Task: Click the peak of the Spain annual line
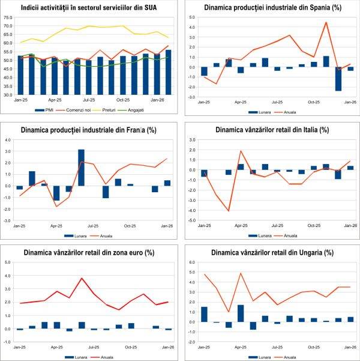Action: (x=326, y=23)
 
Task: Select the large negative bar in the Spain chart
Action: (x=338, y=79)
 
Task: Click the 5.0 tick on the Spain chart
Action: (x=192, y=17)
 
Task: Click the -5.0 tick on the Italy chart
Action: (x=192, y=220)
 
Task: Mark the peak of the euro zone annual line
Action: (x=82, y=278)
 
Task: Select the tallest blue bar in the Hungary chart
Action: (x=241, y=313)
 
